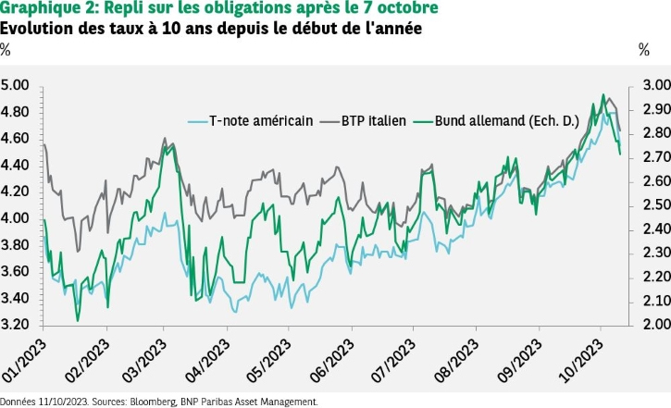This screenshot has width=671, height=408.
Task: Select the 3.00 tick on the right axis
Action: (649, 86)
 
